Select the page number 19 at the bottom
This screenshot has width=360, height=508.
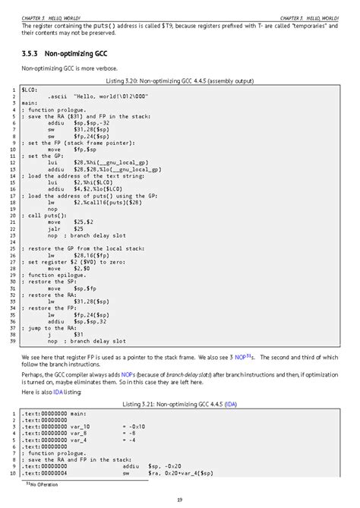point(179,499)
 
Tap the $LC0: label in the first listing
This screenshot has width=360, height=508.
point(30,90)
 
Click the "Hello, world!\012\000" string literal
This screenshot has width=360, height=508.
point(105,96)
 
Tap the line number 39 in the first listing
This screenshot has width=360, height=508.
point(12,342)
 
